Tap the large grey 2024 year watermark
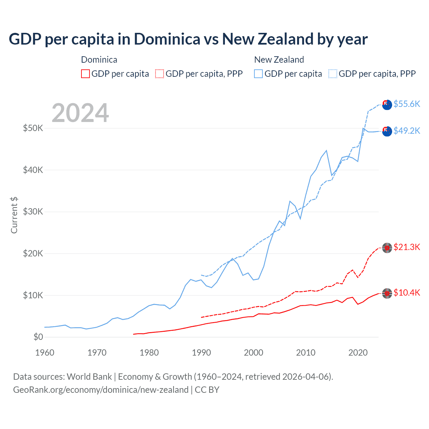coord(80,113)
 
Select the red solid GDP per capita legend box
coord(85,74)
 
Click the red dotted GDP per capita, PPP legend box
coord(160,74)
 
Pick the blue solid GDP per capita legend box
coord(258,74)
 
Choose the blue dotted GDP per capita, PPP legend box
coord(333,74)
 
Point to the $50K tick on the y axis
coord(33,128)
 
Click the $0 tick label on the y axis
coord(38,337)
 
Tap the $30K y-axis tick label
coord(33,211)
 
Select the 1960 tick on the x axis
coord(45,353)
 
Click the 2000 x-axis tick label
coord(253,353)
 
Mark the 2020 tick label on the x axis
coord(358,353)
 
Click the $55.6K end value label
coord(407,104)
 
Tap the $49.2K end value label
coord(407,131)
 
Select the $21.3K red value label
coord(407,247)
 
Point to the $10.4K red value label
coord(407,293)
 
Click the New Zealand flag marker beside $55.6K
coord(387,105)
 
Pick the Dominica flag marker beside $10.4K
coord(387,293)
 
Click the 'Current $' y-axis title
coord(14,215)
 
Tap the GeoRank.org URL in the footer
coord(101,390)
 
